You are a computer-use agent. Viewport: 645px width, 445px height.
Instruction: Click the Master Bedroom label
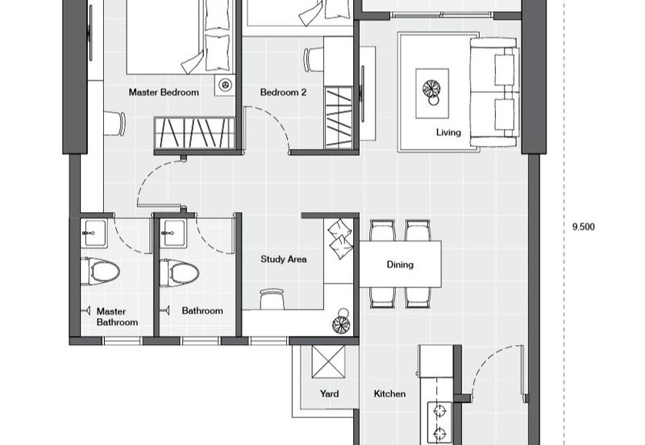pyautogui.click(x=164, y=93)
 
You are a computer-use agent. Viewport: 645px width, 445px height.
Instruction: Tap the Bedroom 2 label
pyautogui.click(x=283, y=93)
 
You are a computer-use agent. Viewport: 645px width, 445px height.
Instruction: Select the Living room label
pyautogui.click(x=448, y=132)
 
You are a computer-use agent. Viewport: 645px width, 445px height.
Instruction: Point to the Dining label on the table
pyautogui.click(x=400, y=264)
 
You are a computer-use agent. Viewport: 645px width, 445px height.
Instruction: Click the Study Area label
pyautogui.click(x=283, y=260)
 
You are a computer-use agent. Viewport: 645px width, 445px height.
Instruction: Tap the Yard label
pyautogui.click(x=328, y=394)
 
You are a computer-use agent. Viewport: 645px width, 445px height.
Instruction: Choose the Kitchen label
pyautogui.click(x=389, y=394)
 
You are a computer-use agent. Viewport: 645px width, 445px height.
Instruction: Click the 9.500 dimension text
pyautogui.click(x=583, y=227)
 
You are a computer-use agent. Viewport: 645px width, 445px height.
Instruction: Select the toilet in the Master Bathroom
pyautogui.click(x=102, y=272)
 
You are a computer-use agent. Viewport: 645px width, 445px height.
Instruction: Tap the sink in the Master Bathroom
pyautogui.click(x=95, y=235)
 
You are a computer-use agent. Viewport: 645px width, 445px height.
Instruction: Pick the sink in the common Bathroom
pyautogui.click(x=173, y=235)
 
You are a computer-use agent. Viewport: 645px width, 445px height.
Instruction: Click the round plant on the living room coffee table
pyautogui.click(x=433, y=86)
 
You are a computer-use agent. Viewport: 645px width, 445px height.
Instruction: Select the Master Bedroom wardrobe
pyautogui.click(x=194, y=131)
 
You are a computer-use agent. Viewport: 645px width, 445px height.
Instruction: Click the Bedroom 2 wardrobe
pyautogui.click(x=338, y=117)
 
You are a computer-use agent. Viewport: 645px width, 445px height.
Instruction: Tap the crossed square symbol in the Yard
pyautogui.click(x=329, y=360)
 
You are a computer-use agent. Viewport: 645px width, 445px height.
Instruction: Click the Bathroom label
pyautogui.click(x=202, y=310)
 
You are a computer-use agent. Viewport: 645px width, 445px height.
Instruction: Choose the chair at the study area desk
pyautogui.click(x=272, y=297)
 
